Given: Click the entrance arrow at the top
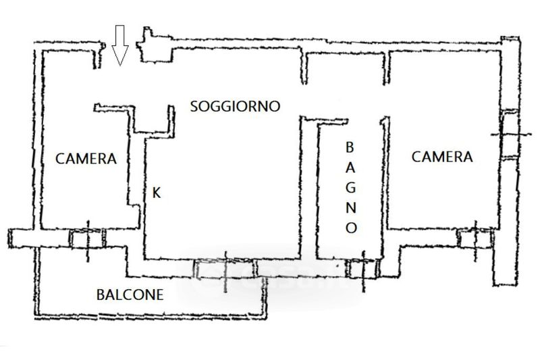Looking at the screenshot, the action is click(x=120, y=45).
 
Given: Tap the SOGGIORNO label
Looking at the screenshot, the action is click(x=235, y=106).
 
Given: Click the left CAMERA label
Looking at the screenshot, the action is click(x=86, y=159).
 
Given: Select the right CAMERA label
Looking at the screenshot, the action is click(x=442, y=157).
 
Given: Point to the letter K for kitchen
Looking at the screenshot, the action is click(x=157, y=193).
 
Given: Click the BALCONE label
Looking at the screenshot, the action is click(x=130, y=295).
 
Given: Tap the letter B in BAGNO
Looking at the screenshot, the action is click(x=350, y=147).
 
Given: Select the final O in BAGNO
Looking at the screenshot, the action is click(x=351, y=228).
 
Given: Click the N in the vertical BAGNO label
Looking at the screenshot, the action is click(x=351, y=208).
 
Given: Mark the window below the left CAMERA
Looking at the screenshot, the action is click(x=88, y=238).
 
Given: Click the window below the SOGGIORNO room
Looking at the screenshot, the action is click(x=226, y=269).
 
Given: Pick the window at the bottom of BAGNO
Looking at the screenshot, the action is click(x=363, y=268).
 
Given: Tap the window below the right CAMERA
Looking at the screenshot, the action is click(x=476, y=238).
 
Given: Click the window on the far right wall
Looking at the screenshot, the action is click(x=510, y=134).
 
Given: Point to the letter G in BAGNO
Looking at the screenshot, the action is click(x=351, y=188).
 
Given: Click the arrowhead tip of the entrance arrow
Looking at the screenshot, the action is click(x=120, y=66).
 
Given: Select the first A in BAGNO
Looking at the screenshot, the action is click(x=350, y=168).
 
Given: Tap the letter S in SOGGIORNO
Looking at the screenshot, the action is click(x=194, y=107).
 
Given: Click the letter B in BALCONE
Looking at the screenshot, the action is click(x=101, y=295).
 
